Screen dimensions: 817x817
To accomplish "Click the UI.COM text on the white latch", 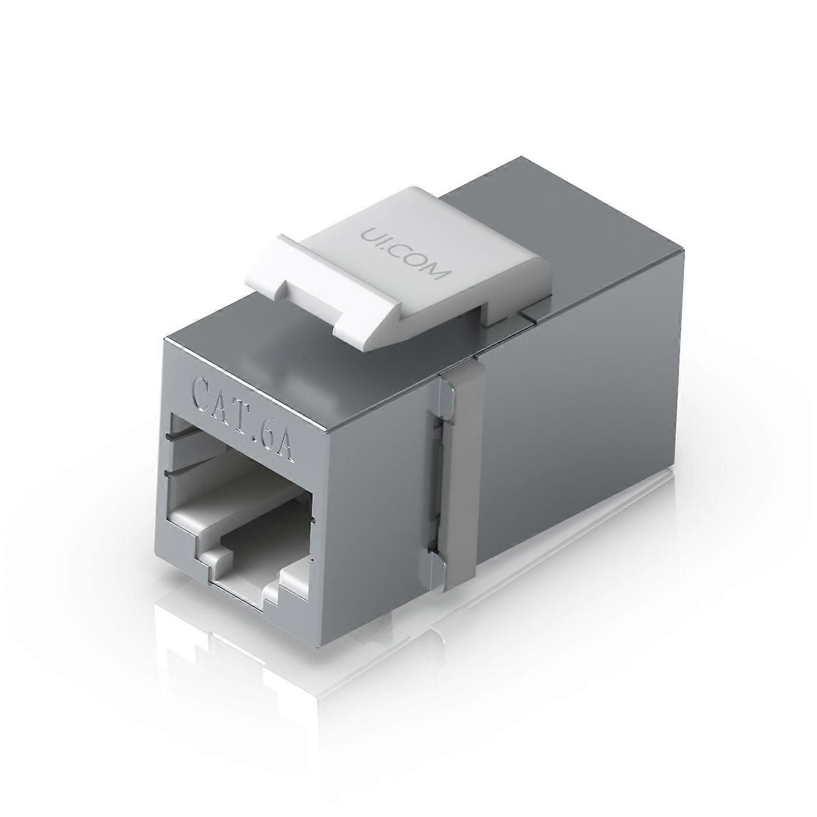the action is (402, 254).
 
